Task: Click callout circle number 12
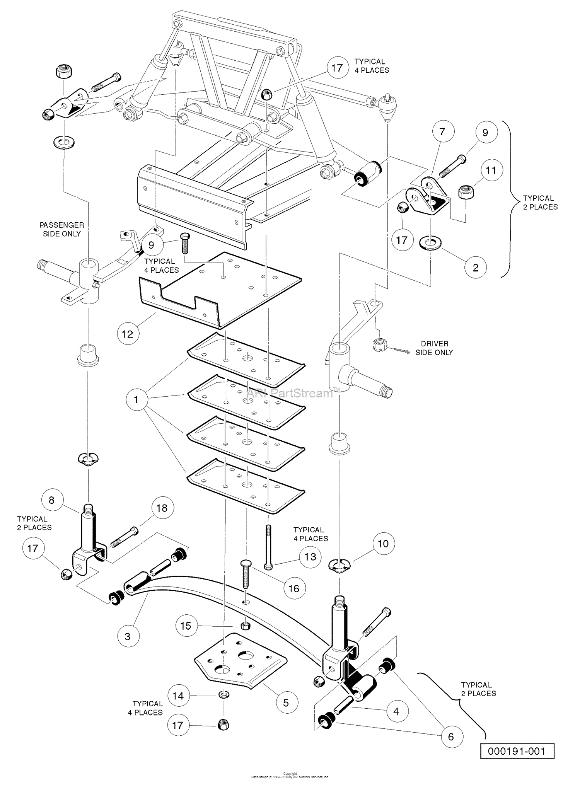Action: click(x=128, y=334)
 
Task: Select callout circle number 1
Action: click(x=136, y=399)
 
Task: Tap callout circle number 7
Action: click(x=442, y=131)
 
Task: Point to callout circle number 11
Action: click(x=491, y=170)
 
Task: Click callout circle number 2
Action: click(x=475, y=268)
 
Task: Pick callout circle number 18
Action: click(x=162, y=508)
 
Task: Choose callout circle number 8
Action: click(x=51, y=500)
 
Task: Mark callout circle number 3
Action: click(x=128, y=636)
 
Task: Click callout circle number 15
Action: click(x=186, y=626)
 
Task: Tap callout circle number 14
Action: click(x=178, y=696)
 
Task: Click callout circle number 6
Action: click(x=451, y=737)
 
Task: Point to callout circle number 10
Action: click(x=383, y=544)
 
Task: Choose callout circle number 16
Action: click(x=294, y=588)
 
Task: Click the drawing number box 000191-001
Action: click(x=517, y=751)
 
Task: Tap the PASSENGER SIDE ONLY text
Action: click(x=62, y=229)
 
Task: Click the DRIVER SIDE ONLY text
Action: click(x=434, y=348)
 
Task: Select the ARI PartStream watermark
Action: click(x=290, y=393)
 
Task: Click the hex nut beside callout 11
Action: click(x=466, y=192)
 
